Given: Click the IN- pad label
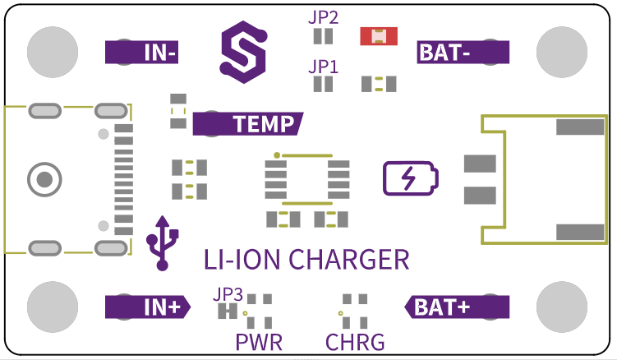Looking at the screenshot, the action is [x=141, y=52].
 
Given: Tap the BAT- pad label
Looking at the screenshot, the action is [x=463, y=52].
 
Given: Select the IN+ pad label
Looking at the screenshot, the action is [x=148, y=307].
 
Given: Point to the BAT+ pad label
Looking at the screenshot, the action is [x=458, y=307].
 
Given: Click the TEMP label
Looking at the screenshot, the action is [x=248, y=123].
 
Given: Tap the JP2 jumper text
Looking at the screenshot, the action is [x=323, y=18].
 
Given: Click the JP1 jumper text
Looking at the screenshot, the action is [x=323, y=67].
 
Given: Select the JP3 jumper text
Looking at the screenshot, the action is [x=228, y=294].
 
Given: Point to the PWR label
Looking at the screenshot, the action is [x=259, y=342].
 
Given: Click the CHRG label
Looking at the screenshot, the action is [x=355, y=342].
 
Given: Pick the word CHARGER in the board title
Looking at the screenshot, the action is [x=349, y=260].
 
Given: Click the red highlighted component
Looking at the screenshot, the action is [x=379, y=36].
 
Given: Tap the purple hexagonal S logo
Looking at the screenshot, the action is [x=244, y=52].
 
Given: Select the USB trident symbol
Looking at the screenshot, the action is [x=162, y=243].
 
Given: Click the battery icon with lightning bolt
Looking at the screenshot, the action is [x=411, y=178].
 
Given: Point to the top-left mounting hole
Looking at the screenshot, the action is [x=53, y=52].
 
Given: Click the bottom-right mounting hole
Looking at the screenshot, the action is [x=562, y=307].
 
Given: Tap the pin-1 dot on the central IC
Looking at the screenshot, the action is [x=277, y=155].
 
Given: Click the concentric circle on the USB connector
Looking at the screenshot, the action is [x=44, y=180].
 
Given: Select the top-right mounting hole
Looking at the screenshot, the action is [x=562, y=52].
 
